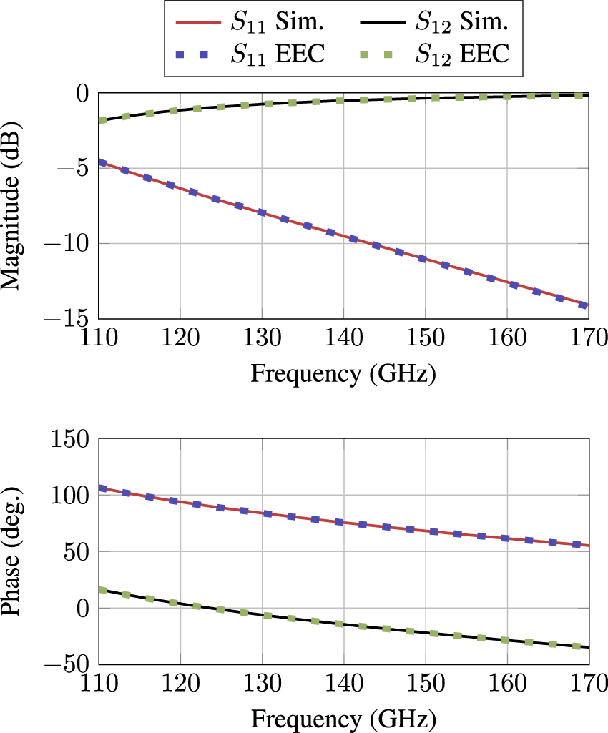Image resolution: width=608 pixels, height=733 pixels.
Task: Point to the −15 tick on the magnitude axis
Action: coord(69,318)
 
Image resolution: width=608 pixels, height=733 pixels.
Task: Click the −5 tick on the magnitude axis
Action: coord(76,168)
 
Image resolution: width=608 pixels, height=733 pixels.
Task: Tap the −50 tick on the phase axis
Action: coord(69,664)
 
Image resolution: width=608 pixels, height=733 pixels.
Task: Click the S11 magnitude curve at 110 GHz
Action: coord(99,162)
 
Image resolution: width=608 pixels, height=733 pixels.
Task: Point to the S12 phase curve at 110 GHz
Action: coord(99,590)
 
